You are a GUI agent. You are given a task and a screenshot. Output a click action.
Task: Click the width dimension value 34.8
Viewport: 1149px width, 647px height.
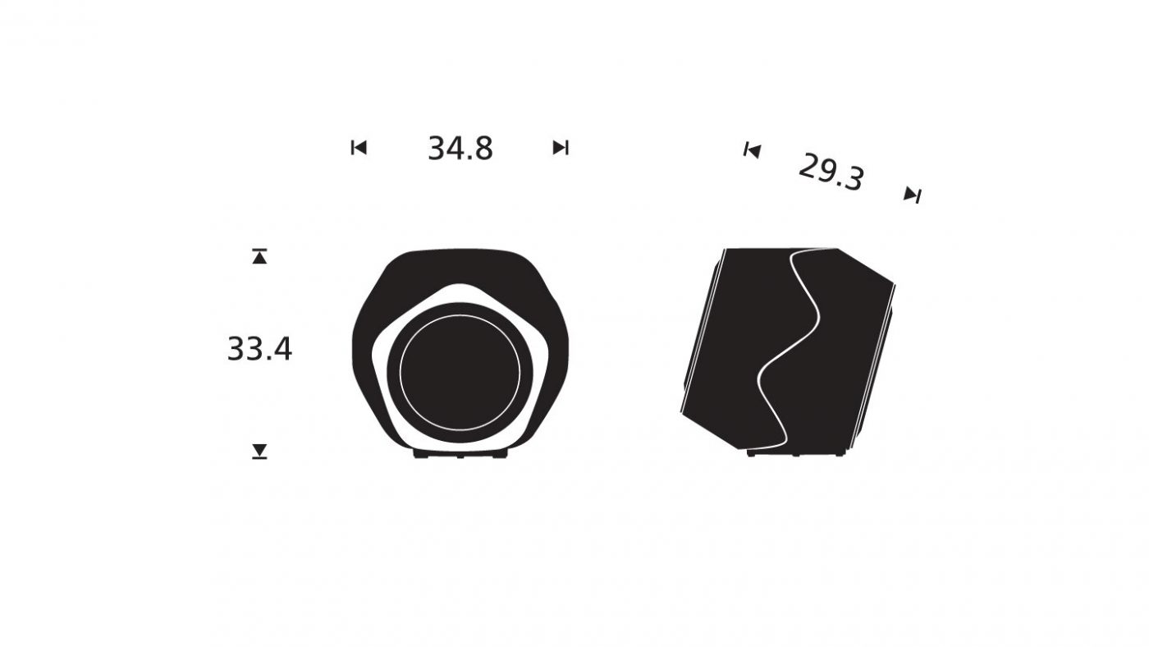click(x=460, y=149)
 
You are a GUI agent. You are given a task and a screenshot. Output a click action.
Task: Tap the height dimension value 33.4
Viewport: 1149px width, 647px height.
click(x=259, y=349)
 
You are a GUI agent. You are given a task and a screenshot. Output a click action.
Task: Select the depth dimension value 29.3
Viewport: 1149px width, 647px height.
click(x=831, y=172)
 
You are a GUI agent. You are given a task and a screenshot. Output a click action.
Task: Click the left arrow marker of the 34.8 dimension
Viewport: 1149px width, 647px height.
click(x=359, y=148)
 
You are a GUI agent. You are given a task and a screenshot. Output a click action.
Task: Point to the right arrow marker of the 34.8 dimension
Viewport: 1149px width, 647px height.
click(x=561, y=148)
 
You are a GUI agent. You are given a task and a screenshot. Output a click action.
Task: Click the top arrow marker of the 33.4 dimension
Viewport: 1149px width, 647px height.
click(x=259, y=256)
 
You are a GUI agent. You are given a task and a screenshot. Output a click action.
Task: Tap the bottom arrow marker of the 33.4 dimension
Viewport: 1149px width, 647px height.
click(x=259, y=451)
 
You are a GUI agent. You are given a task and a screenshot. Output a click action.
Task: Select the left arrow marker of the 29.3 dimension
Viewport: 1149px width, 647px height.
click(x=753, y=151)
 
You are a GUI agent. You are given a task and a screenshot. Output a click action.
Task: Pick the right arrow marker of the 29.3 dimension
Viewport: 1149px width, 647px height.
click(x=913, y=195)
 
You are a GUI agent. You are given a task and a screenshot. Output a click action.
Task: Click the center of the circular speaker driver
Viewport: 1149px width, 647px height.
click(x=460, y=373)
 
